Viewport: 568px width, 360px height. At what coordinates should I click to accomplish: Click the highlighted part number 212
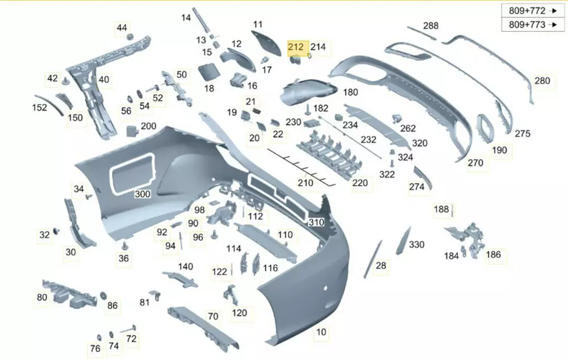click(296, 47)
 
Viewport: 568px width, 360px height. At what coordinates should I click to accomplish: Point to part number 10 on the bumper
click(321, 332)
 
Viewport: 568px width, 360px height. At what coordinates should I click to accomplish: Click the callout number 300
click(142, 194)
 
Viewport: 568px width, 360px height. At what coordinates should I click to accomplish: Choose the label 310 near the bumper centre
click(316, 223)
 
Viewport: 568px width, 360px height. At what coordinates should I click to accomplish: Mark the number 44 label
click(122, 28)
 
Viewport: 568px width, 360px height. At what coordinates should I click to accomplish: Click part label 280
click(542, 81)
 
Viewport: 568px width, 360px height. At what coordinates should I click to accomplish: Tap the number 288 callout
click(431, 26)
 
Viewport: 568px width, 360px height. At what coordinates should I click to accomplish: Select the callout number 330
click(416, 245)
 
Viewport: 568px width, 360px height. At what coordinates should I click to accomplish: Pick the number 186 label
click(494, 254)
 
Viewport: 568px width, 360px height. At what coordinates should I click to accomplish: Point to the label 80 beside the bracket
click(42, 297)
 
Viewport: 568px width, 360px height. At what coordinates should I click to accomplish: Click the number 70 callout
click(213, 316)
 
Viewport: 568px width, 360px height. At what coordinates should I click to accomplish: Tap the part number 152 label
click(39, 107)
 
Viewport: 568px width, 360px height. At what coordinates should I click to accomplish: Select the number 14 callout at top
click(186, 18)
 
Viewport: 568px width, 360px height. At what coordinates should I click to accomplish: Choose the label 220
click(360, 183)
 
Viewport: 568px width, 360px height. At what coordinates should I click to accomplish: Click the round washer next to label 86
click(104, 295)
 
